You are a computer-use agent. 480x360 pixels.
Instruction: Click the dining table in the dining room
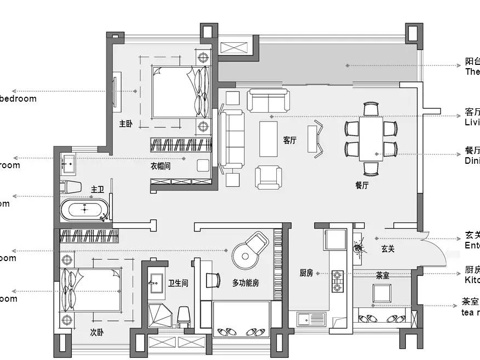pyautogui.click(x=370, y=135)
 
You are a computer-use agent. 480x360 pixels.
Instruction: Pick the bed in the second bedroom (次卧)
pyautogui.click(x=89, y=296)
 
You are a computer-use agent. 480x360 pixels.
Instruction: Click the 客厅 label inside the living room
pyautogui.click(x=291, y=140)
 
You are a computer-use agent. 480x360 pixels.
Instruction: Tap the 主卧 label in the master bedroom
pyautogui.click(x=126, y=125)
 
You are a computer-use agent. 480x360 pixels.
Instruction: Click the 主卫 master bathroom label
pyautogui.click(x=98, y=188)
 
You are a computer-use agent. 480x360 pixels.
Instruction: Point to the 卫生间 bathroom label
pyautogui.click(x=180, y=283)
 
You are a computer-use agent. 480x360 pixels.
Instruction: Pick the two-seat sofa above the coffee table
pyautogui.click(x=269, y=100)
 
